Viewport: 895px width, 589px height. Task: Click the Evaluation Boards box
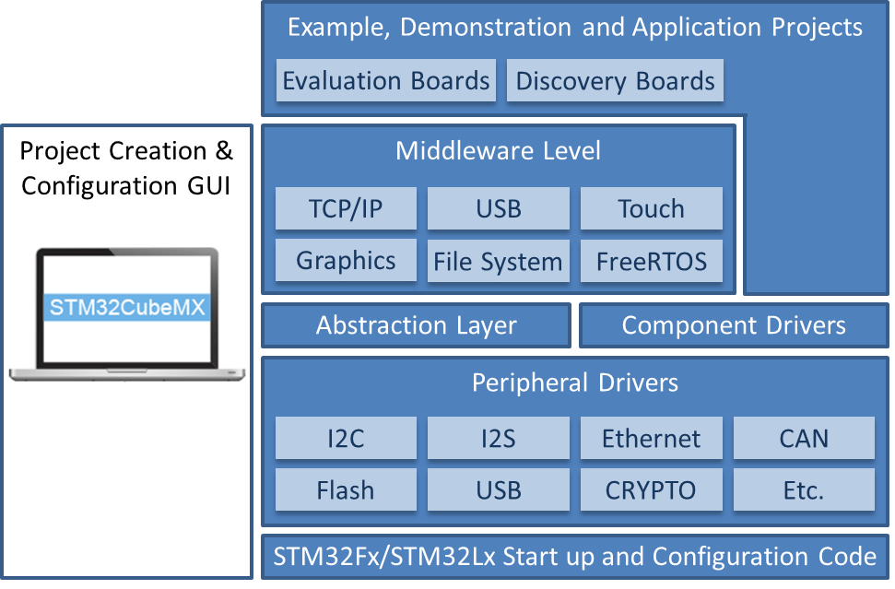click(385, 81)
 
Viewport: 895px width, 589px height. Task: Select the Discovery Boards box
click(615, 81)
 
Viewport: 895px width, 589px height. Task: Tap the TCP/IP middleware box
click(346, 209)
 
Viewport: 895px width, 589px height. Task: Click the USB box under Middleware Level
click(499, 209)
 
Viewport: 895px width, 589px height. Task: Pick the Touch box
click(651, 209)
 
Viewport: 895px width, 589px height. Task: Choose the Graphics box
click(346, 261)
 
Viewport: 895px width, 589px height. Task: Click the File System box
click(499, 262)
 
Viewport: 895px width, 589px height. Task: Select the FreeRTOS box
click(651, 262)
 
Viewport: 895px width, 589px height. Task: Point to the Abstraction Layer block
click(416, 325)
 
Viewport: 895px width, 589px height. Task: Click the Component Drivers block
click(734, 325)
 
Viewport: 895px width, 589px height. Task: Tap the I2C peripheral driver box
click(346, 439)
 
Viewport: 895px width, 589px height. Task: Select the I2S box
click(499, 439)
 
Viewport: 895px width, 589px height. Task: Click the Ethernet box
click(651, 439)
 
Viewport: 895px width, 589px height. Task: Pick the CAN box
click(804, 439)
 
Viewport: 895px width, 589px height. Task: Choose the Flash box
click(346, 490)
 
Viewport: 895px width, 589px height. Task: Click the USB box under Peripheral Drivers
click(499, 490)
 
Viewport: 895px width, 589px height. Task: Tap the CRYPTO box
click(651, 490)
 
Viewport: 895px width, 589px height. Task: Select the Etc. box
click(804, 490)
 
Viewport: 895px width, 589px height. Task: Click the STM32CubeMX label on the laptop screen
click(127, 308)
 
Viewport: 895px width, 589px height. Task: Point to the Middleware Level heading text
click(499, 150)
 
